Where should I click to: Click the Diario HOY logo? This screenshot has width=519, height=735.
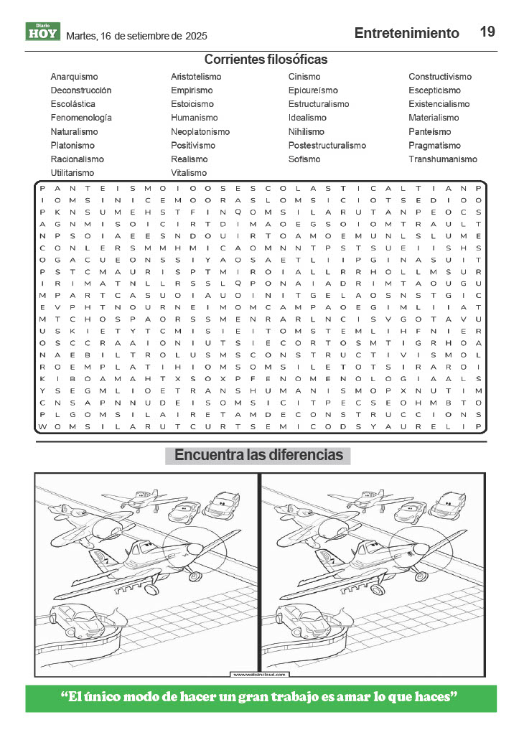[42, 32]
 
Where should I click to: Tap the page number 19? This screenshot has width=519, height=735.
[487, 32]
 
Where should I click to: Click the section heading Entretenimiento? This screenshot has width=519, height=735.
[406, 33]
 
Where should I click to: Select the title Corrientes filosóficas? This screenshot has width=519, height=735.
[266, 60]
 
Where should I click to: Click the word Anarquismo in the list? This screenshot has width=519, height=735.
[74, 77]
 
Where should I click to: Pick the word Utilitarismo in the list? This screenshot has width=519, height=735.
[72, 173]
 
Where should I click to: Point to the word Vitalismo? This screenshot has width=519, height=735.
[188, 173]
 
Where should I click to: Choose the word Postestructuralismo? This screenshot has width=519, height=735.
[327, 146]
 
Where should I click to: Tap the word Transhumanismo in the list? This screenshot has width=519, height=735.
[442, 159]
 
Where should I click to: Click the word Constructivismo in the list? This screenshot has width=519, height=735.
[439, 77]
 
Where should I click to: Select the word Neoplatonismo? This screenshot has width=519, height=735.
[200, 132]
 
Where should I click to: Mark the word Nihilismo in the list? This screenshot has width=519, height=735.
[306, 132]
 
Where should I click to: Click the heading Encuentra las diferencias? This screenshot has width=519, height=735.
[258, 456]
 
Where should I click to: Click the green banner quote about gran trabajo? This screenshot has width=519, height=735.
[260, 697]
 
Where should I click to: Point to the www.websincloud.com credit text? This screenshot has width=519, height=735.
[259, 675]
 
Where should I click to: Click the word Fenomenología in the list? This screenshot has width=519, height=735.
[80, 118]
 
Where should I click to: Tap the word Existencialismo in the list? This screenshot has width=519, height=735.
[439, 104]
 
